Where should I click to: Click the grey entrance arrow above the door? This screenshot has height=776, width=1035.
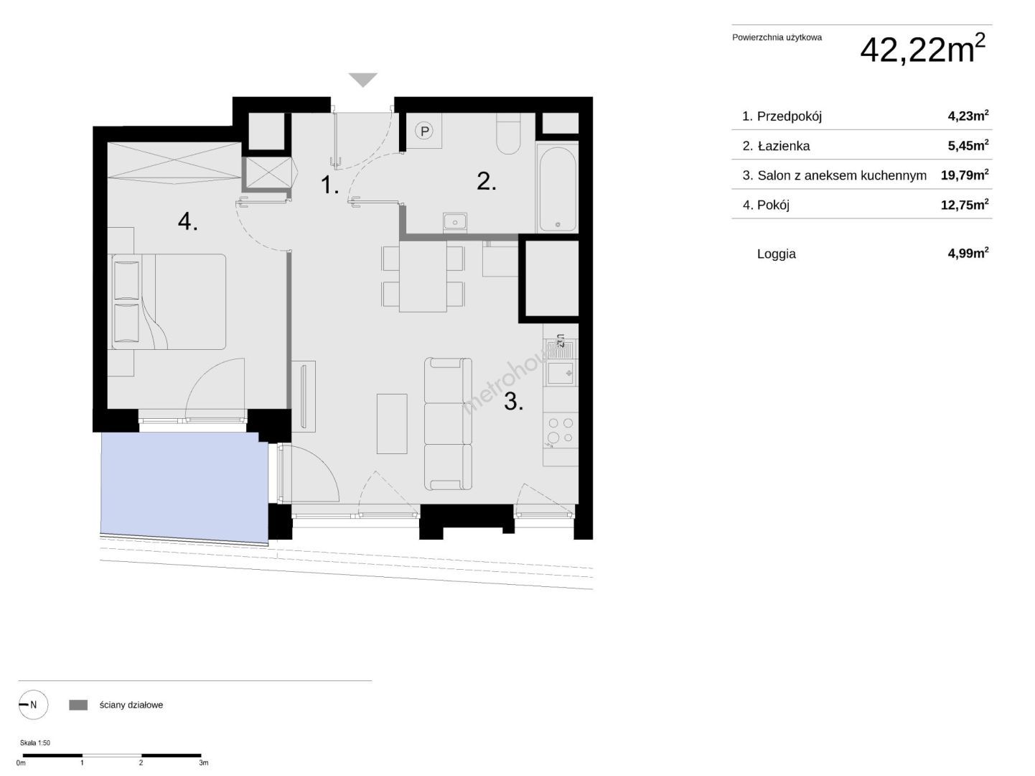pos(362,79)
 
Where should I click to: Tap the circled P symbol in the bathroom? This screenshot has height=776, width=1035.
pos(424,131)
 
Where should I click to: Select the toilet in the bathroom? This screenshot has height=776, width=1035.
pos(508,134)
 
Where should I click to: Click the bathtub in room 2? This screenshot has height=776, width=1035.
pos(558,189)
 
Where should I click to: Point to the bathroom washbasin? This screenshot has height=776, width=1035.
pos(455,222)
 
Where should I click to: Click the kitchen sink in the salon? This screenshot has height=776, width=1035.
pos(560,373)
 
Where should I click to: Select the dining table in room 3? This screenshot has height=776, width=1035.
pos(423,277)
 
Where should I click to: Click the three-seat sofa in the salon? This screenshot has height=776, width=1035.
pos(448,423)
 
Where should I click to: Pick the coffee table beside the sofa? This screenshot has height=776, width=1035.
pos(392,424)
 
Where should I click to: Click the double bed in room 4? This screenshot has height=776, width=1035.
pos(169,302)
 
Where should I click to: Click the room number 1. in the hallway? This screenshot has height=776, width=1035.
pos(329,185)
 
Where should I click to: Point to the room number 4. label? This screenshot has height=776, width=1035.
pos(187,221)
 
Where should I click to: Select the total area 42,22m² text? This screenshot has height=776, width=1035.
pos(922,49)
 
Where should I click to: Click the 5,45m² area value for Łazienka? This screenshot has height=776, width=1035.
pos(968,145)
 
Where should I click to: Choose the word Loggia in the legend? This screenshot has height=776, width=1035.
pos(776,254)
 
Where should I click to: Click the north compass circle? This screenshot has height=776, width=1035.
pos(33,705)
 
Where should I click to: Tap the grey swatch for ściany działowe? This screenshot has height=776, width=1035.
pos(78,705)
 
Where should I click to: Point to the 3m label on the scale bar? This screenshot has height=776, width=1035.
pos(203,763)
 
